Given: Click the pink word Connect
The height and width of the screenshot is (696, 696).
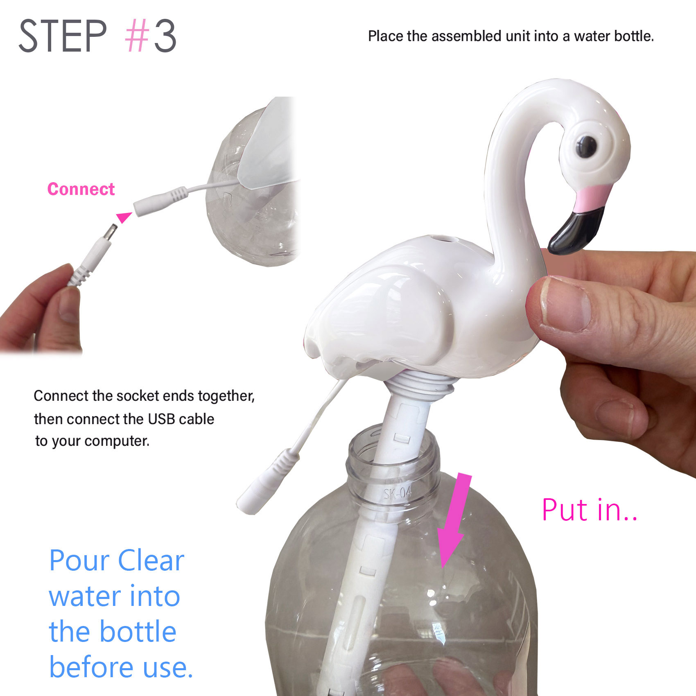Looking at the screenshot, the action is [x=81, y=189].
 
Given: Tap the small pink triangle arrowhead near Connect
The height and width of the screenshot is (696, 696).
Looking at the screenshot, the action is [x=123, y=217].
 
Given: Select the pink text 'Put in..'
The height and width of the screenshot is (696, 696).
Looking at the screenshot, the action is [x=590, y=510].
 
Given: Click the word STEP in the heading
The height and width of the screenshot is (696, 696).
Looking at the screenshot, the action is [x=63, y=36].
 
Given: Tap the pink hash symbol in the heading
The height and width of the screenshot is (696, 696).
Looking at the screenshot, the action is [x=137, y=36].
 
